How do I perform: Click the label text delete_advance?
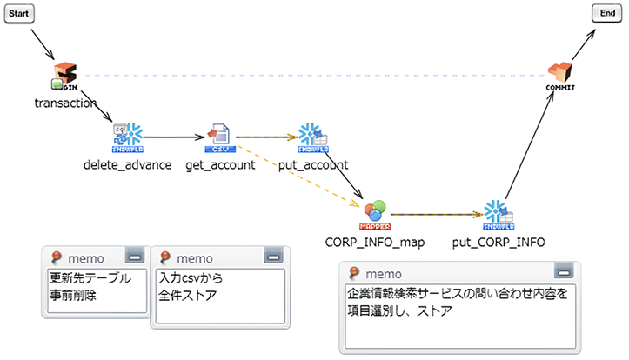tap(127, 164)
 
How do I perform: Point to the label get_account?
tap(220, 164)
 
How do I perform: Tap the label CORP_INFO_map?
tap(375, 242)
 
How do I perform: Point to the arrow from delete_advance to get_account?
tap(174, 137)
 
